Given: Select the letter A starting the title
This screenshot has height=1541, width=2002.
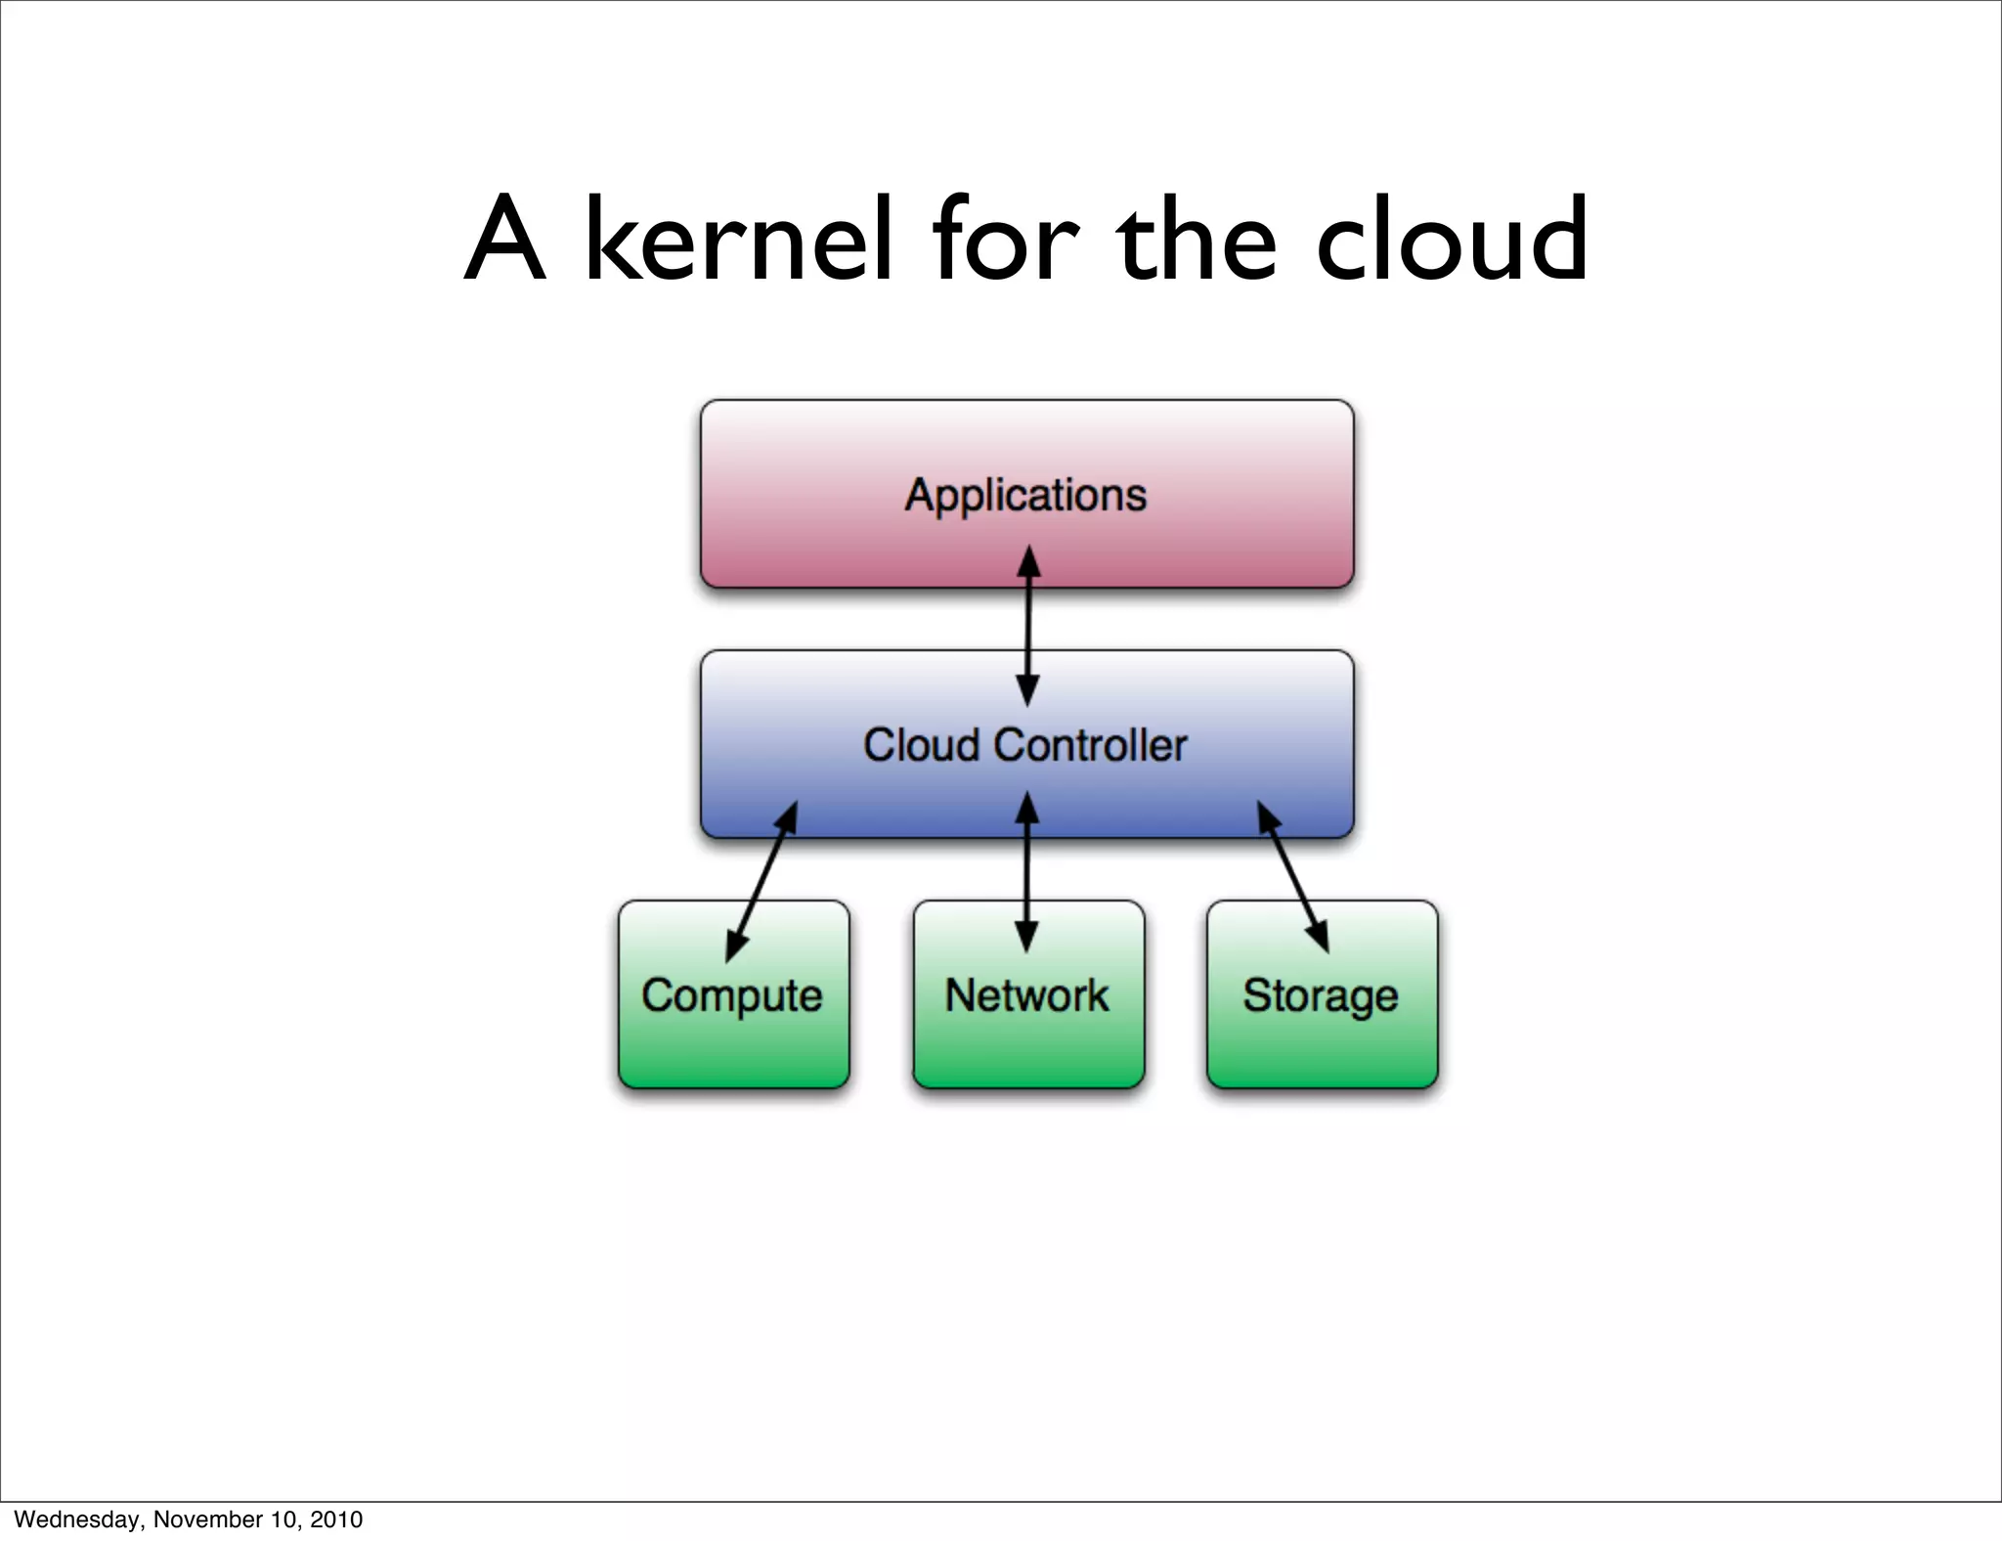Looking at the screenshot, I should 503,240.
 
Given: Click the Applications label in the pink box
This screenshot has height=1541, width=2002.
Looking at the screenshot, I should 1025,495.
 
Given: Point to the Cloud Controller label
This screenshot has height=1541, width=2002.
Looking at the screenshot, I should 1024,745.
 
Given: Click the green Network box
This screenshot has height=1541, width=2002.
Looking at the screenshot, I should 1027,1036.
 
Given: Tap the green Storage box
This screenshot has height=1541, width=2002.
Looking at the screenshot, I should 1322,1036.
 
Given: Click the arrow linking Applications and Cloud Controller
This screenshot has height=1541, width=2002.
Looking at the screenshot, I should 1027,626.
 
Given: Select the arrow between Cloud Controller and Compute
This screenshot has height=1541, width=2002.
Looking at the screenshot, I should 762,880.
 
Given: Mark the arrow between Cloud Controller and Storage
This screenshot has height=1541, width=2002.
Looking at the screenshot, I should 1292,877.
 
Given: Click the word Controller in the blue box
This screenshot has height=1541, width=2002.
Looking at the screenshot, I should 1090,745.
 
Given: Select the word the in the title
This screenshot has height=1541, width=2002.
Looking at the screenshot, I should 1197,240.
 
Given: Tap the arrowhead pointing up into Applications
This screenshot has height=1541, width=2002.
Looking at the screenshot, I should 1028,562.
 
